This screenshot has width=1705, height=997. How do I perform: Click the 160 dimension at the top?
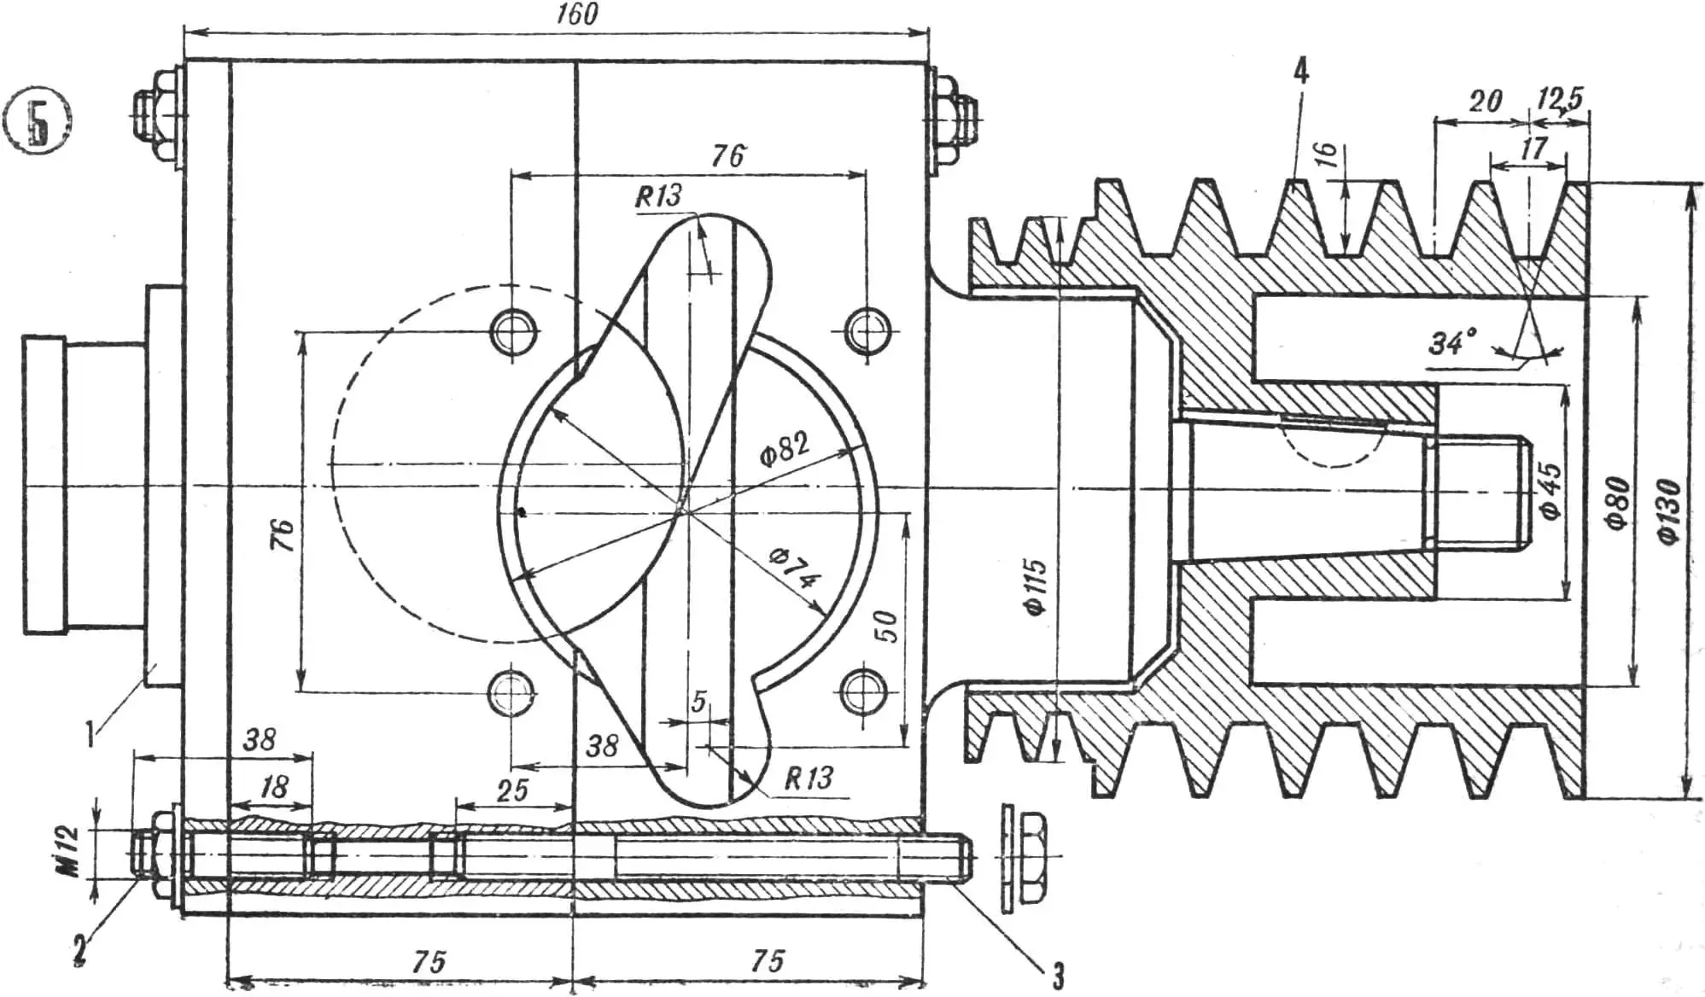click(577, 15)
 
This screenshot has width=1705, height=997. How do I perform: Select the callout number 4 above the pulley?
click(1299, 72)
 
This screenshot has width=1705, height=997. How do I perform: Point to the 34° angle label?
click(1451, 343)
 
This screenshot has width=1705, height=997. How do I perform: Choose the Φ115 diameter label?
click(1035, 586)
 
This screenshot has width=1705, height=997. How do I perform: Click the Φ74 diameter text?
click(794, 569)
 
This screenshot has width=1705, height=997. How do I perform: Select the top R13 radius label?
click(658, 196)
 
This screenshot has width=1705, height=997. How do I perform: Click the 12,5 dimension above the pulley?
click(1559, 98)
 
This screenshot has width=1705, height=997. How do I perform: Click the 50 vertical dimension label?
click(887, 627)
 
